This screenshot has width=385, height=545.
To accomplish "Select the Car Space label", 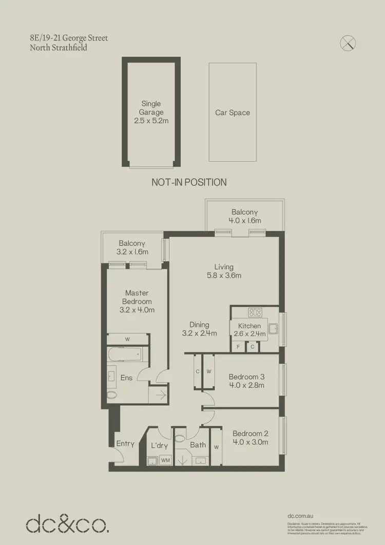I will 233,112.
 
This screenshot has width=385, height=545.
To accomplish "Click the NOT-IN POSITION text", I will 189,182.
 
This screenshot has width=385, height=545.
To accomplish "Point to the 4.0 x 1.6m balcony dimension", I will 244,220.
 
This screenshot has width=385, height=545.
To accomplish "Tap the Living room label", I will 224,267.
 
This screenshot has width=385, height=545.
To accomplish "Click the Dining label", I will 199,325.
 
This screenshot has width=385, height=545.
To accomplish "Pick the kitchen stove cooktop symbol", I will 255,312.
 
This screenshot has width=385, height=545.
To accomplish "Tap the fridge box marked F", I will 238,347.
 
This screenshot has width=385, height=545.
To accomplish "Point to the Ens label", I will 126,378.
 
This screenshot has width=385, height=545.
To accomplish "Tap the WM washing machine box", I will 165,461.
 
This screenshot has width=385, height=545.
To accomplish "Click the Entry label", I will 125,444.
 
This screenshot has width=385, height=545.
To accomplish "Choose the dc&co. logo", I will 67,524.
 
